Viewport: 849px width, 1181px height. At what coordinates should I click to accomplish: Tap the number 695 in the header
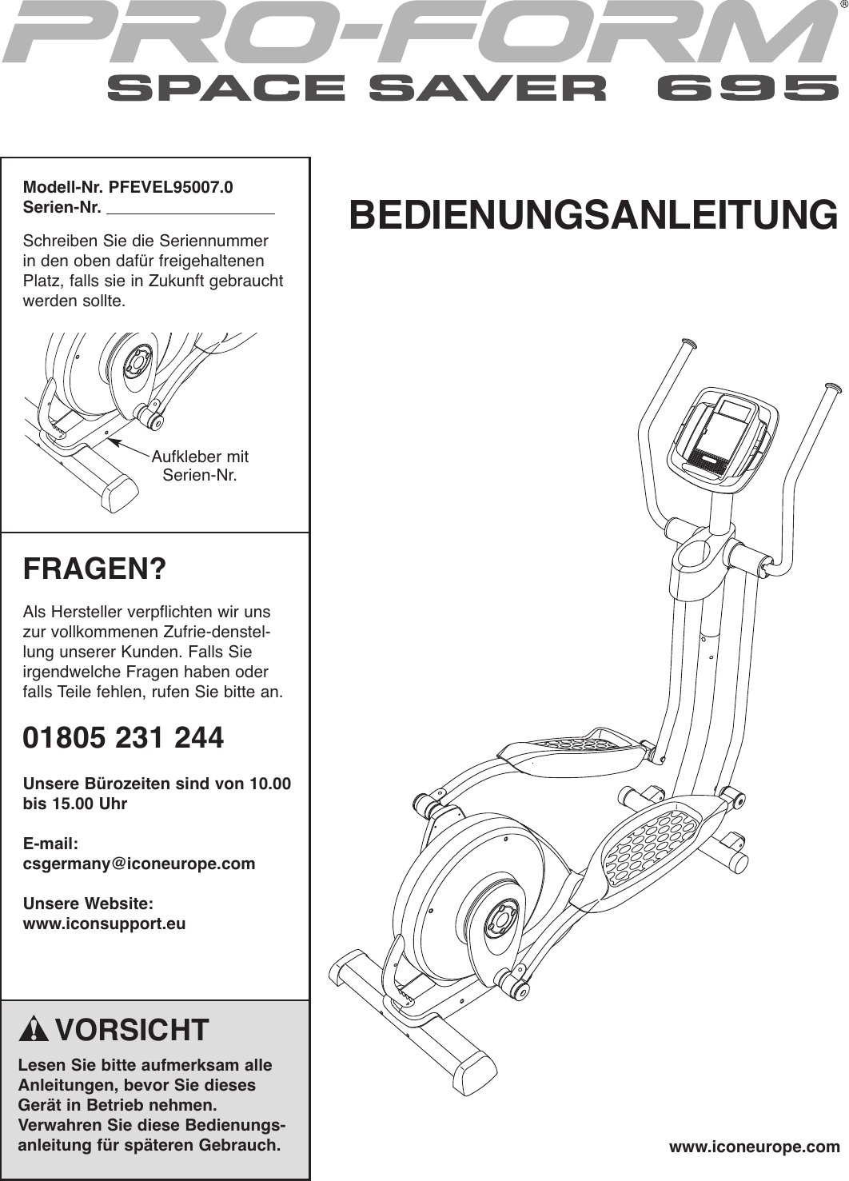(742, 88)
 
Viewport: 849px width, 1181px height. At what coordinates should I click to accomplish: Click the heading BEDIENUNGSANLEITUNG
(593, 214)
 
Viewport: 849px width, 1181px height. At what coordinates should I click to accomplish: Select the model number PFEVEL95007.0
(171, 188)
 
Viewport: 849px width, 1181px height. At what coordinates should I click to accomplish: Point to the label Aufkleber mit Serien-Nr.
(200, 466)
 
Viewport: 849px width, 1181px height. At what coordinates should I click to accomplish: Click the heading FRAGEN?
(94, 569)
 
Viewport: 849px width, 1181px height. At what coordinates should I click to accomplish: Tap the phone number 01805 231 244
(123, 737)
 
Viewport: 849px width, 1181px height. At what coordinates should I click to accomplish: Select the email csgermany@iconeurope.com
(139, 864)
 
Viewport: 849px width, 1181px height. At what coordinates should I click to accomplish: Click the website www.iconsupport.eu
(104, 924)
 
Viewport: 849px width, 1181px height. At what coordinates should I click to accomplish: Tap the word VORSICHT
(132, 1030)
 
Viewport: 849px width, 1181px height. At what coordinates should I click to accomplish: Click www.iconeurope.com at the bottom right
(754, 1147)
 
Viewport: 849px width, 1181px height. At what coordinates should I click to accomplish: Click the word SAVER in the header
(487, 88)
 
